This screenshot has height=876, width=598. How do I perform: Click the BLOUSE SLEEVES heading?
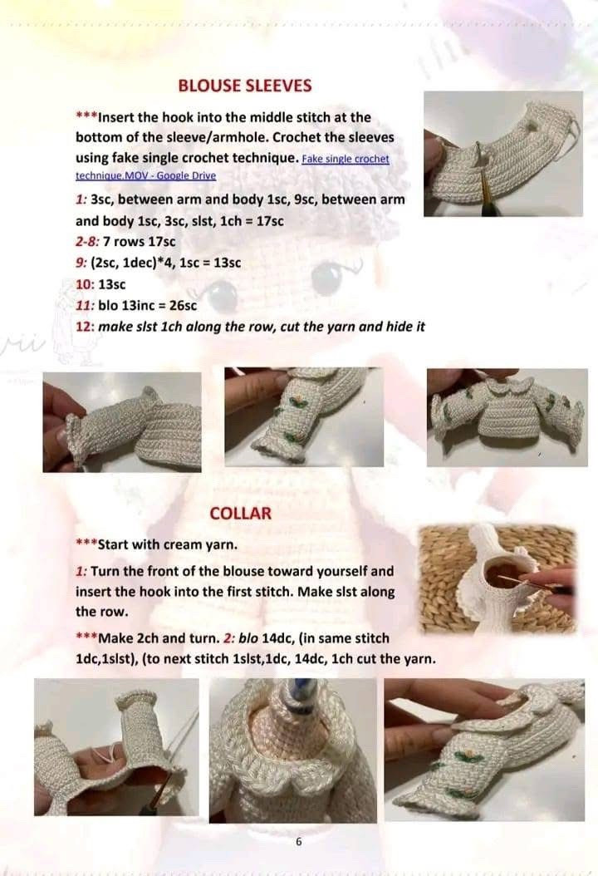pos(245,86)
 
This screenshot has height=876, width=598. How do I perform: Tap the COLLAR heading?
pos(240,513)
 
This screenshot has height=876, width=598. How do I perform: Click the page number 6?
pos(298,842)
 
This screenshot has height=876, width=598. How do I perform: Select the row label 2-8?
pos(86,242)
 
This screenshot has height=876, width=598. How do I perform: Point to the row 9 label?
pos(80,263)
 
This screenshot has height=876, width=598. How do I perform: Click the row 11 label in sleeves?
pos(84,305)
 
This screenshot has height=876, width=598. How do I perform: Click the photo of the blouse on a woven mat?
pos(498,578)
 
